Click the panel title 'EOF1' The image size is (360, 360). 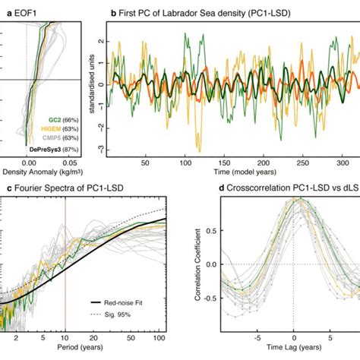(20, 14)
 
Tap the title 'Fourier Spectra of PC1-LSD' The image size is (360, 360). (59, 188)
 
